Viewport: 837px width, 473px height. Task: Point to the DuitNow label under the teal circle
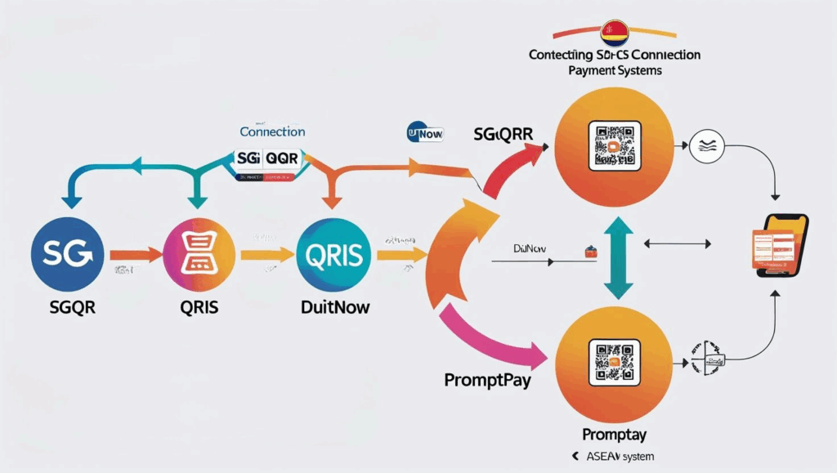pos(334,307)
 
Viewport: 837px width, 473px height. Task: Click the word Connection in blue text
pos(272,131)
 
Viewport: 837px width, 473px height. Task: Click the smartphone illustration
pos(778,244)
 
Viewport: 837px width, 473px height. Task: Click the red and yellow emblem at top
pos(613,33)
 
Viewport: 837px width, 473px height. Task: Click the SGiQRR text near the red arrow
pos(502,132)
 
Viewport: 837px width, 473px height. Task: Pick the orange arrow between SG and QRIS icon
pos(137,256)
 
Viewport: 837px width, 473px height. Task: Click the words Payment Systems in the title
pos(615,71)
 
